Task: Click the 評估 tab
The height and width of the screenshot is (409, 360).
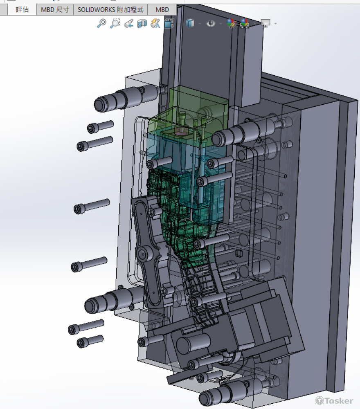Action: pyautogui.click(x=22, y=10)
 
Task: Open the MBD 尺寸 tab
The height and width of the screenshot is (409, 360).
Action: pyautogui.click(x=55, y=10)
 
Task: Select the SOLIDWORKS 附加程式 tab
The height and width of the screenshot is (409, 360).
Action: pyautogui.click(x=110, y=10)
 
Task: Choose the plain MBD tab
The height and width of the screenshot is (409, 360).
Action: pyautogui.click(x=162, y=10)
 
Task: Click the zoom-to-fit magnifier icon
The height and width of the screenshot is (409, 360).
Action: pyautogui.click(x=101, y=23)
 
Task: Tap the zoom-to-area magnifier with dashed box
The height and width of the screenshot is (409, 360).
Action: pyautogui.click(x=115, y=23)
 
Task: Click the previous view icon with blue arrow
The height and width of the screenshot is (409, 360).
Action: pyautogui.click(x=128, y=23)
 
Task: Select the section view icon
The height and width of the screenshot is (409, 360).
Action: pyautogui.click(x=142, y=23)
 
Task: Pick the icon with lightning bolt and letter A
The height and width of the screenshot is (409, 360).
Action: pyautogui.click(x=155, y=23)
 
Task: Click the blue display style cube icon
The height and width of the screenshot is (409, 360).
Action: pyautogui.click(x=190, y=23)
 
